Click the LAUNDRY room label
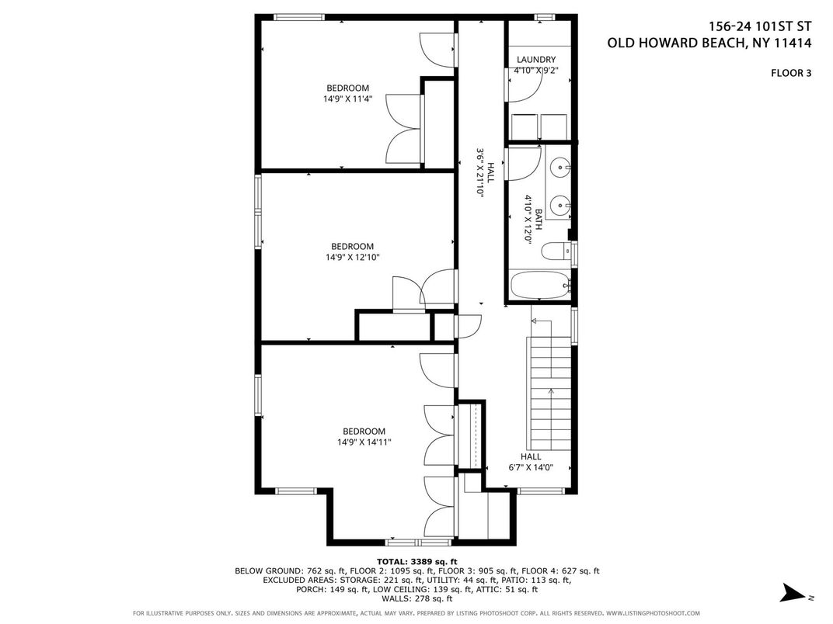536,60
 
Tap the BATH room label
538,219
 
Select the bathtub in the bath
540,285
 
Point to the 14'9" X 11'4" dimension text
348,98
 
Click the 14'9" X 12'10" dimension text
353,258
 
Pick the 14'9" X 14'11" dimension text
364,442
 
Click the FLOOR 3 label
791,73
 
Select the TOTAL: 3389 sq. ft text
417,561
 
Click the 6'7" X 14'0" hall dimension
531,467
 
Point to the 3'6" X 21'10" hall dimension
480,173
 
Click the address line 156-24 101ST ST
760,26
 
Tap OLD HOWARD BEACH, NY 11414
709,43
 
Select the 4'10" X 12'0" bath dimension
528,219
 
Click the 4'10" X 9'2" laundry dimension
536,70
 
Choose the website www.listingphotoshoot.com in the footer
653,613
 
